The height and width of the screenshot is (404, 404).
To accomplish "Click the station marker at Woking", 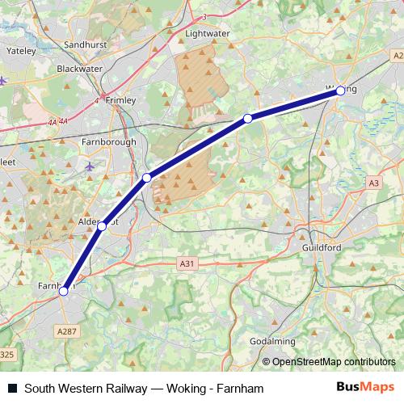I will [340, 91].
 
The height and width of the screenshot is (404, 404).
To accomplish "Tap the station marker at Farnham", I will [63, 292].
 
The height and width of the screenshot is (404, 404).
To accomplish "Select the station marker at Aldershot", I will [102, 226].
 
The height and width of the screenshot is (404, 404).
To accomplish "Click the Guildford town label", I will [321, 247].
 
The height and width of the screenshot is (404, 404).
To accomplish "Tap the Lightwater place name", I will [208, 33].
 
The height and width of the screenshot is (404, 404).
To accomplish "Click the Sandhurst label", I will [85, 44].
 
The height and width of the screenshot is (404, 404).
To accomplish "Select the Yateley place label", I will [21, 50].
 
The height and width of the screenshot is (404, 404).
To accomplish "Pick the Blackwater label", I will [78, 69].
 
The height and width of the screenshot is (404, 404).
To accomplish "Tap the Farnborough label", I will [108, 142].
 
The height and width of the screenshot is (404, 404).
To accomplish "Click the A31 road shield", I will [187, 263].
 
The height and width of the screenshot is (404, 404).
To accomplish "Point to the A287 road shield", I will [67, 331].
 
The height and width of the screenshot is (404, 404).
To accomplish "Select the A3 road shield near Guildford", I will [372, 183].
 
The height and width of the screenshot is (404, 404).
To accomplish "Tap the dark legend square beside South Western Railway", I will [11, 389].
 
